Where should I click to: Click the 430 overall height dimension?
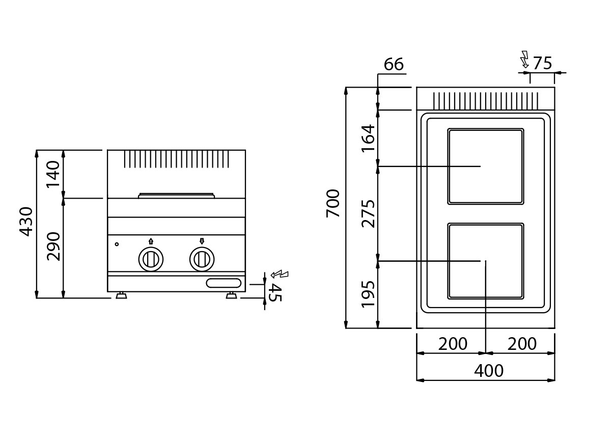coord(26,222)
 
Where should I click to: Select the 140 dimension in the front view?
coord(53,174)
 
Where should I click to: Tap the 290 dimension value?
coord(53,247)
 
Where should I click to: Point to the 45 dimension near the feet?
coord(274,292)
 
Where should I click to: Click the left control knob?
coord(151,259)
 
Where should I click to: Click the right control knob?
coord(202,259)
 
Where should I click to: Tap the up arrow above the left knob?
coord(151,241)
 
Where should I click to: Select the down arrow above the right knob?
coord(202,241)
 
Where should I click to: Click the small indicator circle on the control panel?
coord(117,244)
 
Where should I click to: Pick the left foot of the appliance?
coord(121,295)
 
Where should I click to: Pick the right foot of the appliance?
coord(232,295)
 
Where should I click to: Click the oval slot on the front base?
coord(224,283)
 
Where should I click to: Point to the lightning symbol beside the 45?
coord(280,275)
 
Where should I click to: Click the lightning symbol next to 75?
coord(524,59)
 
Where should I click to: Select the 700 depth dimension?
coord(333,203)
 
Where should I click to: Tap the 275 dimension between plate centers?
coord(368,214)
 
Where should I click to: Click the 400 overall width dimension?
coord(489,371)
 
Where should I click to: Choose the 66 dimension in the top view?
coord(394,64)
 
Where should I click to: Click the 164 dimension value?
coord(368,139)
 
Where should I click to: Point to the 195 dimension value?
coord(368,294)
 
